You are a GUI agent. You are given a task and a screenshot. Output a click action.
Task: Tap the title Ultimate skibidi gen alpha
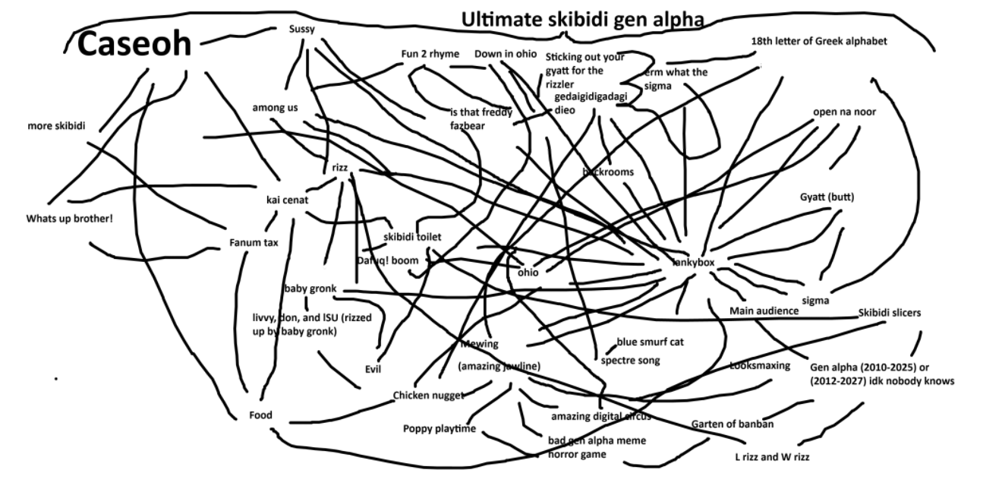(582, 20)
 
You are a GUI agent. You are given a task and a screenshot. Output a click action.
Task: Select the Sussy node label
(301, 29)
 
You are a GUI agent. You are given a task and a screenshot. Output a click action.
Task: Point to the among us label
(275, 108)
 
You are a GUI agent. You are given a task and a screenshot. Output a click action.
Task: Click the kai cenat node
(287, 200)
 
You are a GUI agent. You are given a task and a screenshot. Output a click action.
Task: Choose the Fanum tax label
(254, 243)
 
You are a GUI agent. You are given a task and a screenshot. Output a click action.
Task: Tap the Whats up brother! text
(69, 219)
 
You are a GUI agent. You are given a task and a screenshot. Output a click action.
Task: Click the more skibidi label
(56, 126)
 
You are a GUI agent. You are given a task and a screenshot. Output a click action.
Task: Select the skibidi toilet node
(411, 237)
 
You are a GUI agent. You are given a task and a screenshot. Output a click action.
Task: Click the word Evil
(373, 369)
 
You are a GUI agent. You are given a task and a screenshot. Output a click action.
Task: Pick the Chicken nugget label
(428, 395)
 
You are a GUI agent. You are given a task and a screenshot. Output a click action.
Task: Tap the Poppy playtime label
(439, 429)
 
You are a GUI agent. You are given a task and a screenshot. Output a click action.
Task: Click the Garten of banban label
(732, 424)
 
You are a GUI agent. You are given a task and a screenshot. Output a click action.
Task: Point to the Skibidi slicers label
(890, 313)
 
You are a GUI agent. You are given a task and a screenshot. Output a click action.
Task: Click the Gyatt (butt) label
(827, 197)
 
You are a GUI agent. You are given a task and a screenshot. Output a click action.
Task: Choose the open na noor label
(844, 112)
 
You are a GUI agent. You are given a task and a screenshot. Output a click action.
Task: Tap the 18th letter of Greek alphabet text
(818, 41)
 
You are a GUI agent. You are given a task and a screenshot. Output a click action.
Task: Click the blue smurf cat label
(650, 342)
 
